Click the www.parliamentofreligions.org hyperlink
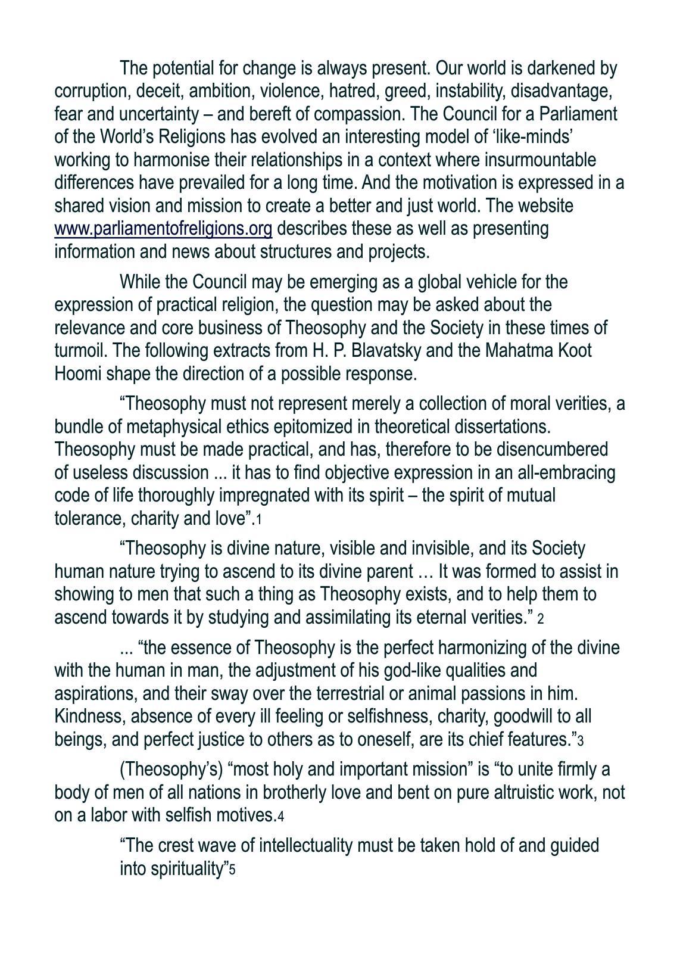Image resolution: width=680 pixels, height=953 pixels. tap(163, 229)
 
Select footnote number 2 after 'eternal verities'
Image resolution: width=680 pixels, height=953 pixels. tap(541, 619)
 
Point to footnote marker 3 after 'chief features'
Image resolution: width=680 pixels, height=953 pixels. tap(580, 742)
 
